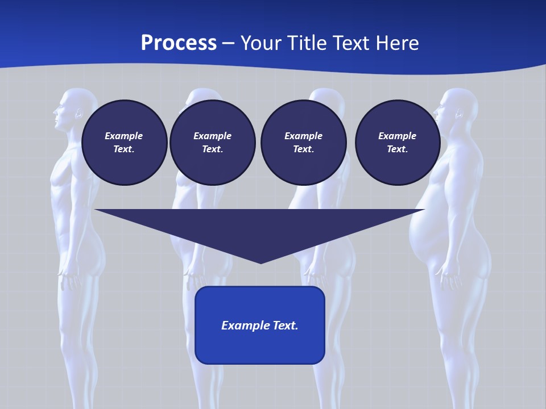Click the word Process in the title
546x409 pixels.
[179, 43]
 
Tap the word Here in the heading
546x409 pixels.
[398, 43]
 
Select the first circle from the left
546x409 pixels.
[124, 143]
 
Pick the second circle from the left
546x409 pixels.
[212, 143]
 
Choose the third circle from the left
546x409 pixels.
[303, 143]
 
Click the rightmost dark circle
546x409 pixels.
[397, 143]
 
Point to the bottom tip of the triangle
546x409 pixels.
[260, 262]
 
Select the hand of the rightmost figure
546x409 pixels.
[449, 279]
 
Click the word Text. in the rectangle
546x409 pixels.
[284, 325]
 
